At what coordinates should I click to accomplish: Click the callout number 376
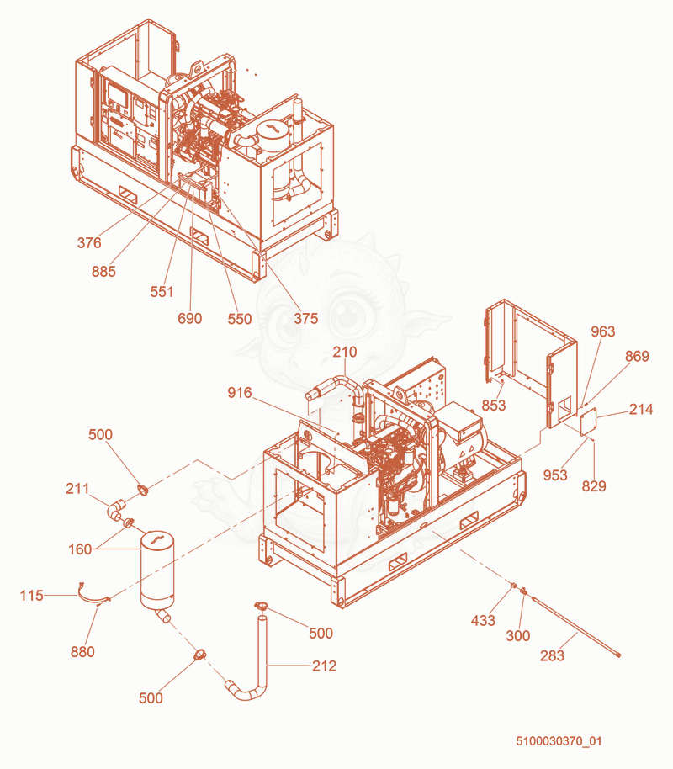[89, 242]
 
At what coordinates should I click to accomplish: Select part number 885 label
[103, 271]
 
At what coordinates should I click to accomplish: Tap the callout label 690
[190, 318]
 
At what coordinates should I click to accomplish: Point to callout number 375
[306, 318]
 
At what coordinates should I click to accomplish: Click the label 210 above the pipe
[345, 352]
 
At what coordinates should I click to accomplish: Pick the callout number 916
[240, 392]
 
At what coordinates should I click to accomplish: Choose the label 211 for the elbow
[77, 488]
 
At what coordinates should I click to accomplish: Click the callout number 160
[80, 549]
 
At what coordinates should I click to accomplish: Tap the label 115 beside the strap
[31, 596]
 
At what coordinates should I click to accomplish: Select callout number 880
[82, 652]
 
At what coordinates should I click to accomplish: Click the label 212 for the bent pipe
[324, 666]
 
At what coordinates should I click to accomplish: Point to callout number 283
[553, 655]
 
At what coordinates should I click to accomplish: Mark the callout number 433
[483, 620]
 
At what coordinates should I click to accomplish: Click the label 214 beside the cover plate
[641, 409]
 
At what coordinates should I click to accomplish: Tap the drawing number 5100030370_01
[559, 741]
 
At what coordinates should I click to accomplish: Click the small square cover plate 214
[588, 422]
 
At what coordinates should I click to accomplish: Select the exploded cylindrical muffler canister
[157, 569]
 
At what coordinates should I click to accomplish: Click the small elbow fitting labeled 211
[116, 508]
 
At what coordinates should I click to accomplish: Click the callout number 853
[494, 405]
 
